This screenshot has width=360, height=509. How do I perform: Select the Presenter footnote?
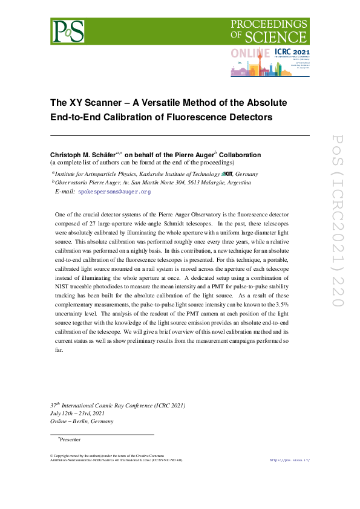(x=70, y=439)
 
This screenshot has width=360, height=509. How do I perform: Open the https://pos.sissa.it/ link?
(x=289, y=461)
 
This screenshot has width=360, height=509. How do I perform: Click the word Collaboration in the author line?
(x=240, y=155)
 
